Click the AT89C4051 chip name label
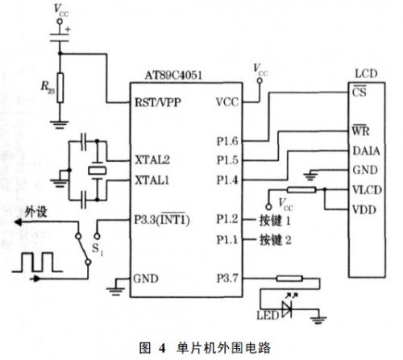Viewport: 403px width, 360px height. [x=173, y=76]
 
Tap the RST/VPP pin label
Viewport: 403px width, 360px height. [x=158, y=102]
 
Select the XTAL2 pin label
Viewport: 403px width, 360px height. [x=152, y=160]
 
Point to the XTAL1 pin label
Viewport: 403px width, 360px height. [x=152, y=180]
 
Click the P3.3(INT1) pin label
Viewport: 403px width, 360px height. [x=162, y=219]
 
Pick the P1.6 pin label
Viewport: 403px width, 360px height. [x=227, y=141]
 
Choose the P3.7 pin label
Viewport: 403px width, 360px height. [x=227, y=279]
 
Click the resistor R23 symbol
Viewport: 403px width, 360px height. [x=60, y=88]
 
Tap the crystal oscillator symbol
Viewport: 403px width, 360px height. [x=98, y=170]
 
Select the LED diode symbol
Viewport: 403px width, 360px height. [x=287, y=308]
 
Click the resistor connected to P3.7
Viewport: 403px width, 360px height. [x=289, y=279]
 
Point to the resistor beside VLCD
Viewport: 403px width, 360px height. [x=301, y=190]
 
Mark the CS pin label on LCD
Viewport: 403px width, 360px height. [x=359, y=92]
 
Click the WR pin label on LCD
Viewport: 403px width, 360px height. [x=360, y=130]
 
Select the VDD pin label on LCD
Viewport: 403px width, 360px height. [x=364, y=209]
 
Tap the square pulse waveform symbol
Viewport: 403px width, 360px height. [x=37, y=262]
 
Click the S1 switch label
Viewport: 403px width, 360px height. [x=98, y=250]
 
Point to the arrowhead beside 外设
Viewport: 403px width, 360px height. [x=18, y=222]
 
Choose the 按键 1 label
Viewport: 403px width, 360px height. [x=275, y=221]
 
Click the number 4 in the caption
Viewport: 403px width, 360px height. [x=162, y=348]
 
